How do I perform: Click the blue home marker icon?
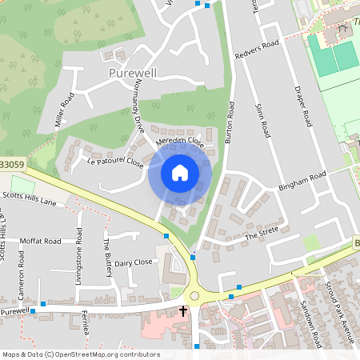point(180,174)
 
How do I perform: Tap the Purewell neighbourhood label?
point(134,73)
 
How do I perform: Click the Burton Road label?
point(230,123)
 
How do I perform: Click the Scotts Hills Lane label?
point(30,198)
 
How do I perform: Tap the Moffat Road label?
point(41,240)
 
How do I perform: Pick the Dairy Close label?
point(133,262)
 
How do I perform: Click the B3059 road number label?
point(12,165)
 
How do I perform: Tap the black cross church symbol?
point(183,309)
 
